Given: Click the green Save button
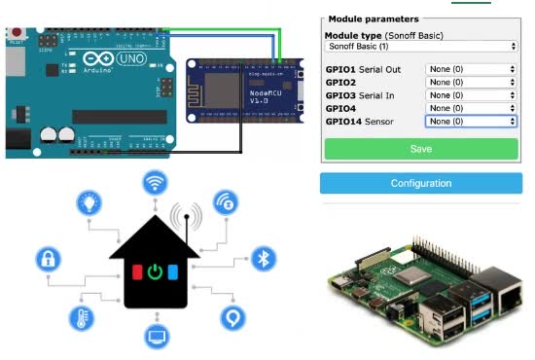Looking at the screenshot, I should (x=420, y=149).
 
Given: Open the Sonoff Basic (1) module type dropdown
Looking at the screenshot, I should (x=420, y=46).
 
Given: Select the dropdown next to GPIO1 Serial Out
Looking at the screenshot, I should (x=471, y=70).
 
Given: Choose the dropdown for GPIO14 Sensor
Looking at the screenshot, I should (x=471, y=122).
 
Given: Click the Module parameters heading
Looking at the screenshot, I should (x=374, y=18).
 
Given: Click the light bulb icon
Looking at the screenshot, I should (x=89, y=204).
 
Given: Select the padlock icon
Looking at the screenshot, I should (x=48, y=260).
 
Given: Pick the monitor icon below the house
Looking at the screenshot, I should (x=156, y=338).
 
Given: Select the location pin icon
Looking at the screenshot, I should (x=232, y=317).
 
